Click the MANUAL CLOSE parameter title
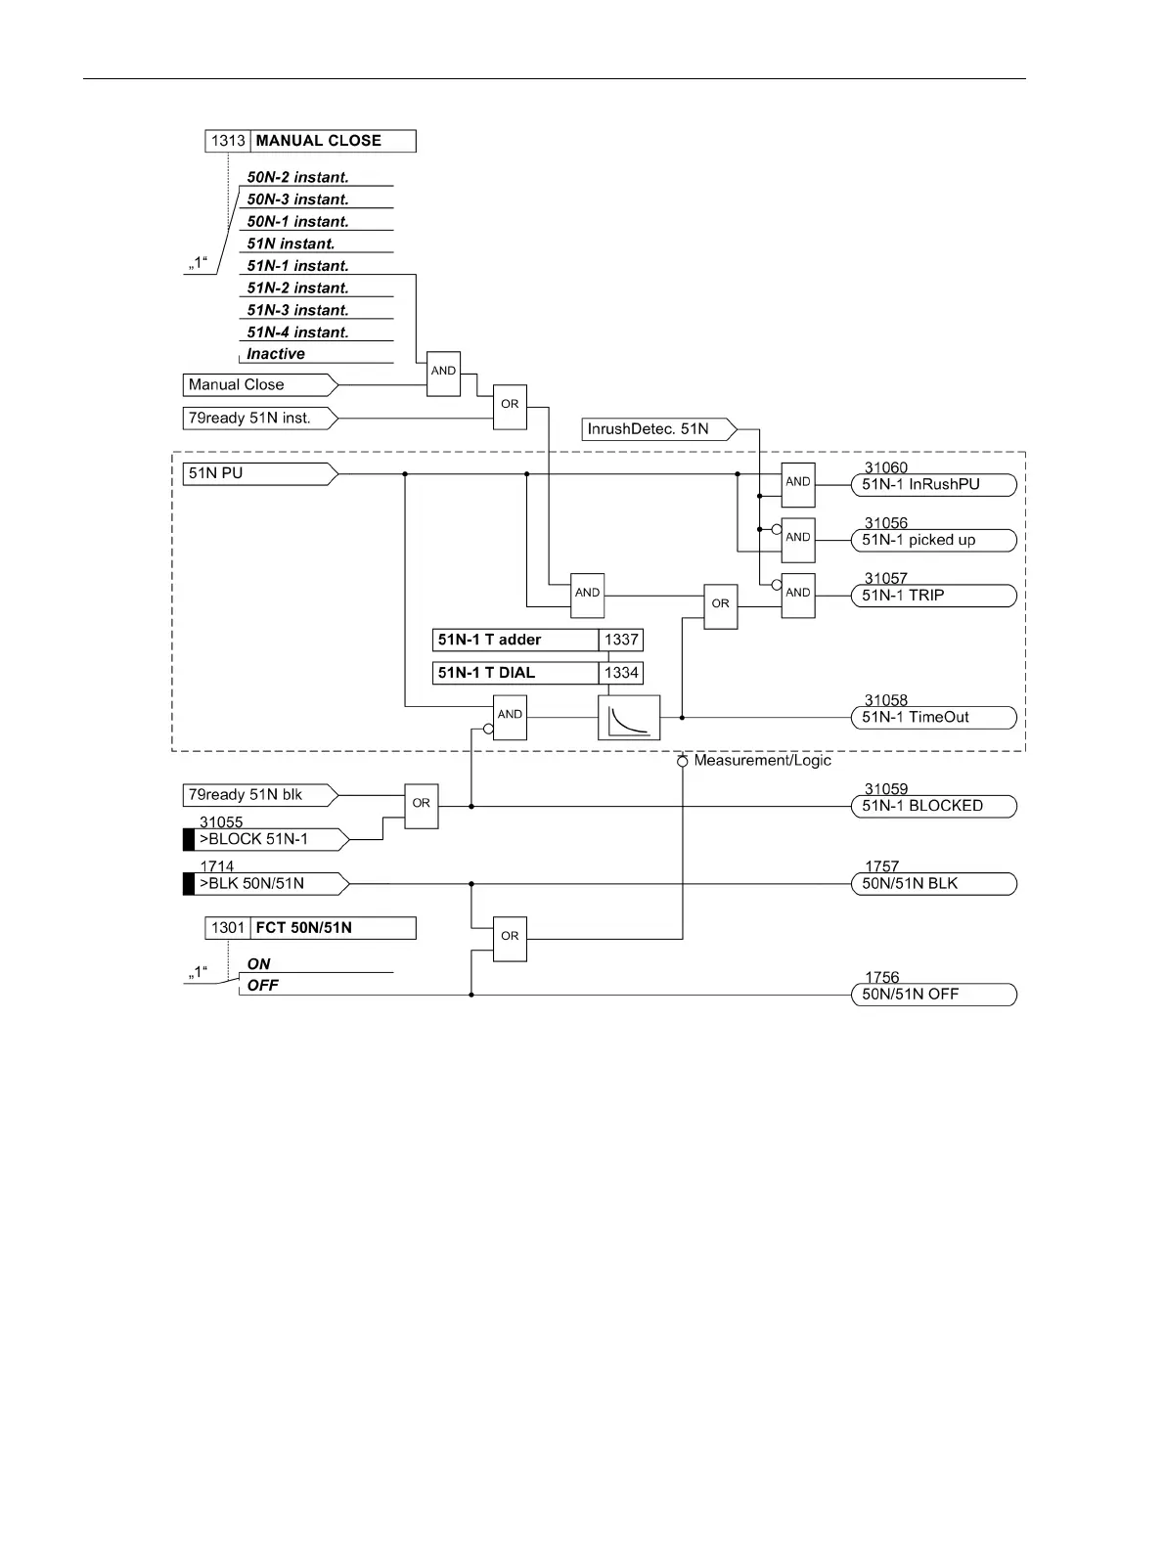[x=319, y=141]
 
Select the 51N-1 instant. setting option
[x=297, y=266]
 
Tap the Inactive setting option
[x=276, y=354]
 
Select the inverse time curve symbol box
[x=629, y=718]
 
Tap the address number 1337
[x=621, y=641]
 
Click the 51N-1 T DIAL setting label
[x=515, y=674]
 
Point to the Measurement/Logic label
[x=762, y=761]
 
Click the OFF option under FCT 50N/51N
[x=263, y=986]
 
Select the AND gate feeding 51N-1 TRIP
[x=798, y=595]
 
